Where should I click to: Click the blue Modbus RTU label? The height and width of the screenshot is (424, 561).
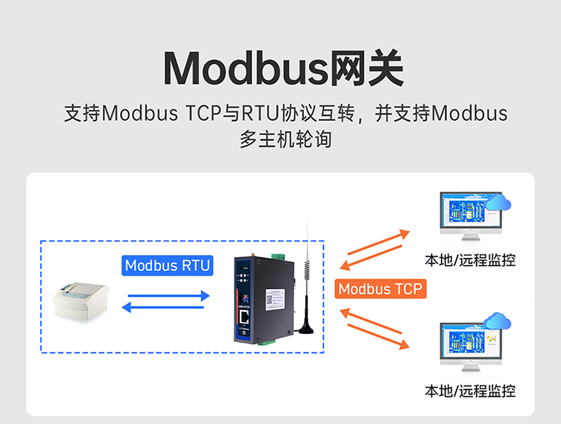tap(168, 266)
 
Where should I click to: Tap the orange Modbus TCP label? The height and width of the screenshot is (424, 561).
tap(379, 288)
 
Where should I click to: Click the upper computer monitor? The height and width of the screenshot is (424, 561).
tap(469, 213)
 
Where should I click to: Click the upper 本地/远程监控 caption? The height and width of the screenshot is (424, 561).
tap(469, 260)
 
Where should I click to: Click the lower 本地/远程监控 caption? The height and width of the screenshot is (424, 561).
tap(469, 391)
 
